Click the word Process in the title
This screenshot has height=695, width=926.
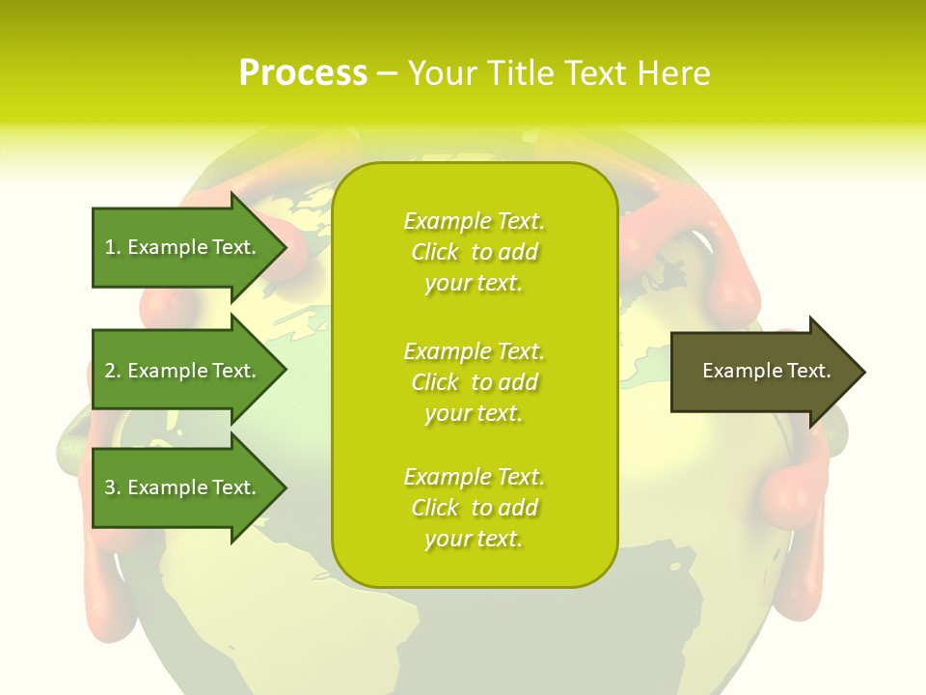pyautogui.click(x=303, y=73)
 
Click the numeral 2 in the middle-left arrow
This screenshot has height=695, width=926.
pyautogui.click(x=111, y=371)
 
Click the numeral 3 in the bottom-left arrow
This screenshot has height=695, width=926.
pyautogui.click(x=111, y=487)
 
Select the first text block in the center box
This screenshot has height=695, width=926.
pyautogui.click(x=474, y=252)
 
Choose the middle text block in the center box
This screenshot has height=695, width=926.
pyautogui.click(x=474, y=382)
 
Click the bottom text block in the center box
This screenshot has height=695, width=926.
pyautogui.click(x=474, y=508)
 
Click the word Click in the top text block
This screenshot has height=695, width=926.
pyautogui.click(x=435, y=252)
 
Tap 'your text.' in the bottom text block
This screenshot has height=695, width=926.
pyautogui.click(x=473, y=539)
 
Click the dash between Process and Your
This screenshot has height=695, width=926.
pyautogui.click(x=388, y=73)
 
